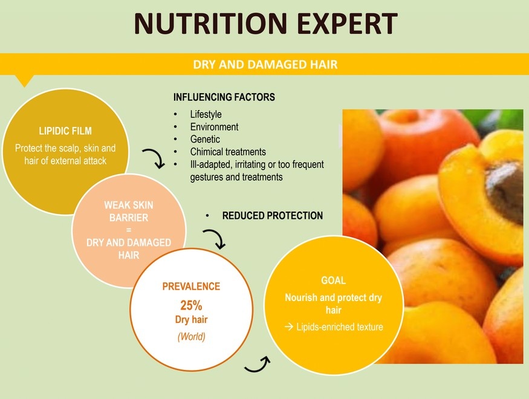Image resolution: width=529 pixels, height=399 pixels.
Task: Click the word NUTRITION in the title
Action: click(210, 23)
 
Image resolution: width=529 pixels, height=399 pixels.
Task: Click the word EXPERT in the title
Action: click(348, 23)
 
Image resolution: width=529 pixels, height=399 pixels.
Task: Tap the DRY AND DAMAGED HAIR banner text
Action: click(265, 65)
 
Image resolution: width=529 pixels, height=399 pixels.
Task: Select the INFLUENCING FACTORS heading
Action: click(224, 97)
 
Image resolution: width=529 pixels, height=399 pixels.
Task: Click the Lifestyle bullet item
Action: click(206, 114)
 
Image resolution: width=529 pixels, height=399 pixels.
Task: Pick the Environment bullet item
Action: click(214, 127)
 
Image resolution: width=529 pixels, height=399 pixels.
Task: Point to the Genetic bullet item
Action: click(205, 139)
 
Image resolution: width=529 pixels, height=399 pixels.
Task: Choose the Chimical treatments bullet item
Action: click(228, 152)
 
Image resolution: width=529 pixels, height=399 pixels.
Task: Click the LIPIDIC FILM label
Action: click(65, 131)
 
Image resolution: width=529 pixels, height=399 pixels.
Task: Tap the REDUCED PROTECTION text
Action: click(272, 216)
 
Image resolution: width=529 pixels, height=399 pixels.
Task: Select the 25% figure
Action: click(191, 305)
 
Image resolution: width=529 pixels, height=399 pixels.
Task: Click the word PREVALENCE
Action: click(191, 287)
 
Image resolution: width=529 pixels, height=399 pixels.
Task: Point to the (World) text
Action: click(191, 337)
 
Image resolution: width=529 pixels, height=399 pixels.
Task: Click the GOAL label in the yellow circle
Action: click(333, 281)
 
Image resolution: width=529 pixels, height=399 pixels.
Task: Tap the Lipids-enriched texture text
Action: click(339, 327)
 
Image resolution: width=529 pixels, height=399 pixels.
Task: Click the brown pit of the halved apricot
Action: click(506, 191)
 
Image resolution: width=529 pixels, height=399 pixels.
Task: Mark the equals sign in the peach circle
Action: click(129, 230)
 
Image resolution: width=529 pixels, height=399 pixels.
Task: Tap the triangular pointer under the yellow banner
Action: click(24, 81)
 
